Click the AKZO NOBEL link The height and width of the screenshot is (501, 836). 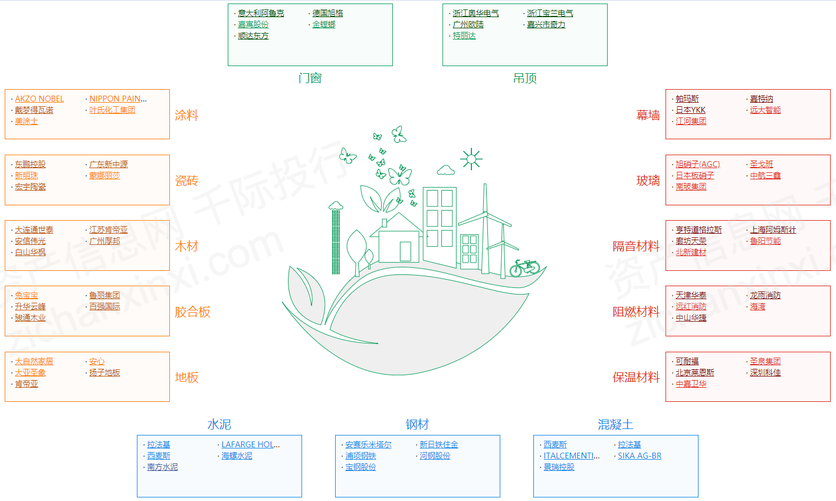coord(39,99)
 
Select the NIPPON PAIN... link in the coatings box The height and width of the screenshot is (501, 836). coord(118,99)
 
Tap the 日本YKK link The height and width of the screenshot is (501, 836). coord(690,110)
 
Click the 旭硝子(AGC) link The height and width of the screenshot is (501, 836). coord(697,165)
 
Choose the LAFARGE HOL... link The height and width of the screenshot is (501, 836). coord(250,444)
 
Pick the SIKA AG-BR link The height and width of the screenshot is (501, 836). coord(640,456)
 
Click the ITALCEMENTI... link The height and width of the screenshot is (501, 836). coord(571,456)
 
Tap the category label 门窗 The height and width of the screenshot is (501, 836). coord(310,78)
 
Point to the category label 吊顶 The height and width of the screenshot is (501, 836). coord(524,78)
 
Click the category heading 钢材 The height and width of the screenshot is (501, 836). coord(417,424)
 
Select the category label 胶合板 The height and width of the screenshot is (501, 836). coord(192,312)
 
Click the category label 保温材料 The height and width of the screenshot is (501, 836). coord(636,378)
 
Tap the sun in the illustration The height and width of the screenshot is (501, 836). coord(471,159)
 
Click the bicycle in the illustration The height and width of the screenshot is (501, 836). coord(524,268)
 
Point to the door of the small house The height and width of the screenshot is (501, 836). coord(405,251)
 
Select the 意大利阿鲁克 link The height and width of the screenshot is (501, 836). coord(261,14)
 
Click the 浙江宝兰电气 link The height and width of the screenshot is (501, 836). coord(550,14)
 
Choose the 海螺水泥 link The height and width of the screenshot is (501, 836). coord(237,456)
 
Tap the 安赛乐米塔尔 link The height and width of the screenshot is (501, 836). coord(368,444)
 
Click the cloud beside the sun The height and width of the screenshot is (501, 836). coord(445,170)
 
